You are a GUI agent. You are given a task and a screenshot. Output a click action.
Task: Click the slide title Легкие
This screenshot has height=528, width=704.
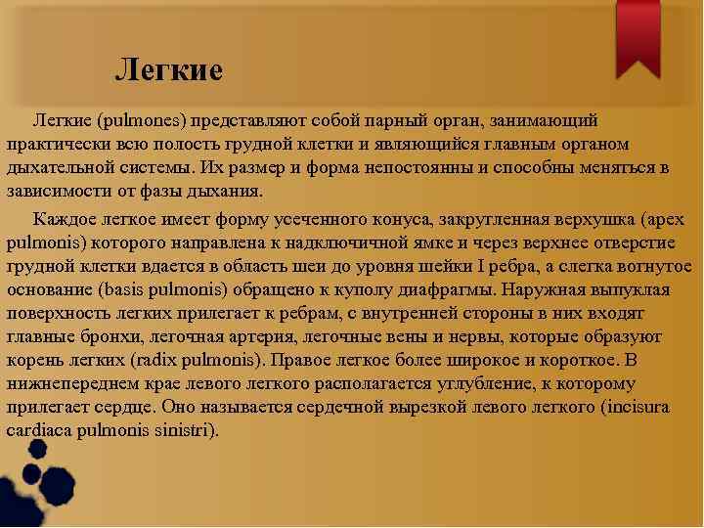coord(169,70)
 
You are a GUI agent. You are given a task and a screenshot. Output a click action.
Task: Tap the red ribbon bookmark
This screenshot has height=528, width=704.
coord(638,36)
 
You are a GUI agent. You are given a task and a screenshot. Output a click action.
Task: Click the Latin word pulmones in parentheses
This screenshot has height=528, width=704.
coord(143,119)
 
